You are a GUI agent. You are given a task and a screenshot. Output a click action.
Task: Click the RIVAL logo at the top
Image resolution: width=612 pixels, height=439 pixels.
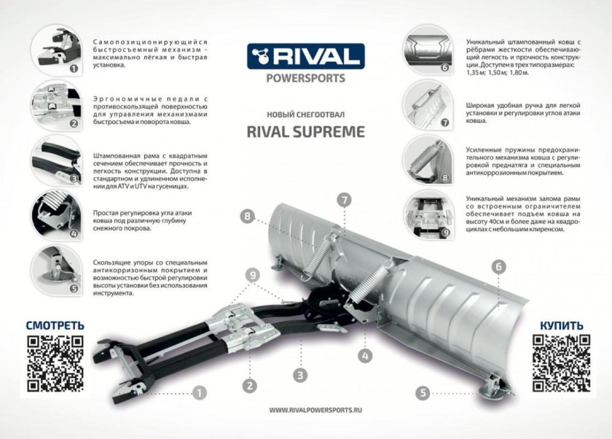(305, 55)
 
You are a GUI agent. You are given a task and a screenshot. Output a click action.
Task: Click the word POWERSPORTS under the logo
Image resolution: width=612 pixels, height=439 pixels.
(305, 78)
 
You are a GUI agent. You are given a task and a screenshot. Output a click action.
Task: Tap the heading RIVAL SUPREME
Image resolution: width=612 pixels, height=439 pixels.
(305, 132)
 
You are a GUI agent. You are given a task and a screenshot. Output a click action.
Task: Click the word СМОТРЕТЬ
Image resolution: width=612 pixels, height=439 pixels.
(55, 325)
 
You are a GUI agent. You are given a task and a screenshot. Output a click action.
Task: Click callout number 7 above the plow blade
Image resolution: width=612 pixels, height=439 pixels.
(344, 199)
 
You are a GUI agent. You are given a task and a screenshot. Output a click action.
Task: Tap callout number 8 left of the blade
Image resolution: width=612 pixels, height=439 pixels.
(248, 216)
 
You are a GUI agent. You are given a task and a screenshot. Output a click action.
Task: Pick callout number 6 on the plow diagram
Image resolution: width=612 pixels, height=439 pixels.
(499, 267)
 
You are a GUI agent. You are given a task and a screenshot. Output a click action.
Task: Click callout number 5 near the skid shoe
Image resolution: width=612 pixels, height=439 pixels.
(422, 392)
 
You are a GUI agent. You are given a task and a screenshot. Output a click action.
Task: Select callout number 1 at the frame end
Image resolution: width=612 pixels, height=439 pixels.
(199, 392)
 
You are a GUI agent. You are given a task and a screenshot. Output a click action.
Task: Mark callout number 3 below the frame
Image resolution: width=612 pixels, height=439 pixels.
(299, 376)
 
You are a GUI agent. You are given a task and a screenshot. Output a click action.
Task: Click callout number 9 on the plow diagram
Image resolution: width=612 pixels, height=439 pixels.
(252, 274)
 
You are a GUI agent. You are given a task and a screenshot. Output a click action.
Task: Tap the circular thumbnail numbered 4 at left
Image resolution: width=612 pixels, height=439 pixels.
(55, 214)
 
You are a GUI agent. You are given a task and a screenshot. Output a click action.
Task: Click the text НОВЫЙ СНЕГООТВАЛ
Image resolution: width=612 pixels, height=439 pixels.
(305, 114)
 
